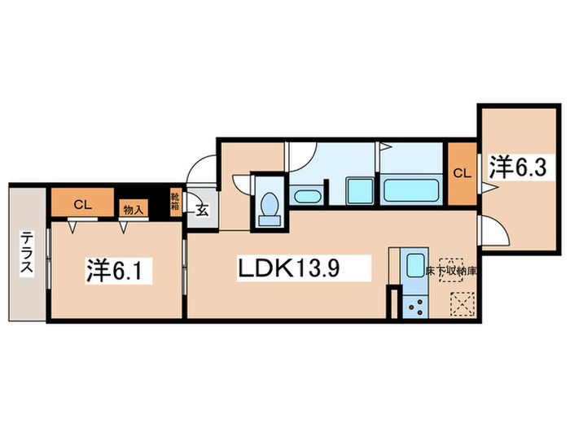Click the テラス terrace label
click(28, 255)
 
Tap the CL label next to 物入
click(82, 204)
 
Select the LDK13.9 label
click(304, 267)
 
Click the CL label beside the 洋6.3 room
click(461, 173)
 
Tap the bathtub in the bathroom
click(412, 193)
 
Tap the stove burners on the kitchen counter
click(416, 307)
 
